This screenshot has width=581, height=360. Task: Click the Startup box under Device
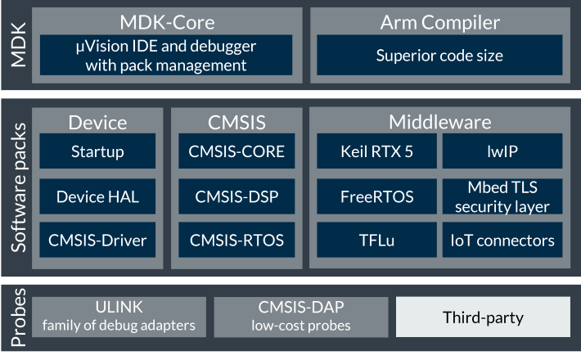pyautogui.click(x=97, y=151)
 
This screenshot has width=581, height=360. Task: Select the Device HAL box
pyautogui.click(x=97, y=196)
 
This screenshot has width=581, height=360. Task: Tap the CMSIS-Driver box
pyautogui.click(x=97, y=240)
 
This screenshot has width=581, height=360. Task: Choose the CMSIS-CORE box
pyautogui.click(x=236, y=151)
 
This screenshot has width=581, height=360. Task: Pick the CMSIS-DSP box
pyautogui.click(x=236, y=196)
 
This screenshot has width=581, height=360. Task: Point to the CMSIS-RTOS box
pyautogui.click(x=236, y=240)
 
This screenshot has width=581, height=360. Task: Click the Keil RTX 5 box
pyautogui.click(x=377, y=151)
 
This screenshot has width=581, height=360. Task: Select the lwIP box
pyautogui.click(x=502, y=151)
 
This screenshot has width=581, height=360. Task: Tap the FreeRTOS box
pyautogui.click(x=377, y=196)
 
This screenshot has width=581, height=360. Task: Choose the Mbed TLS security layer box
pyautogui.click(x=502, y=196)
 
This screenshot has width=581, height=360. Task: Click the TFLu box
pyautogui.click(x=377, y=240)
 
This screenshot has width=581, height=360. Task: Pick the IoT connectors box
pyautogui.click(x=502, y=240)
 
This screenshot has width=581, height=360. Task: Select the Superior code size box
pyautogui.click(x=439, y=55)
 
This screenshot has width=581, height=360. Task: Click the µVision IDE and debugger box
pyautogui.click(x=166, y=55)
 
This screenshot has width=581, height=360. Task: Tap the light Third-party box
pyautogui.click(x=483, y=317)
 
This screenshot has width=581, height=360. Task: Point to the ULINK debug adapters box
pyautogui.click(x=119, y=317)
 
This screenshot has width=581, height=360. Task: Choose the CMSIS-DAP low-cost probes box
pyautogui.click(x=301, y=317)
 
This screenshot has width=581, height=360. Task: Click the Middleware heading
pyautogui.click(x=439, y=122)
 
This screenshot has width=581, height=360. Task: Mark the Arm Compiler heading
pyautogui.click(x=439, y=23)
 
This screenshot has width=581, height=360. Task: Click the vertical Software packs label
pyautogui.click(x=19, y=188)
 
